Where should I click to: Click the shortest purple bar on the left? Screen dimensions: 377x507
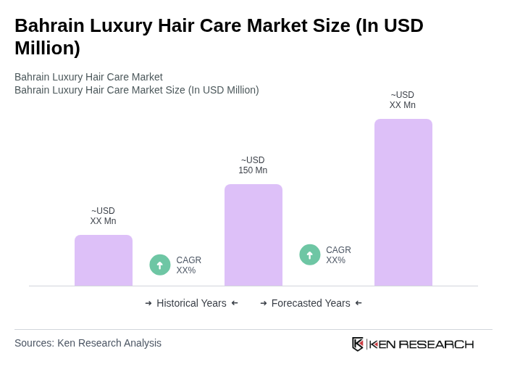pos(104,260)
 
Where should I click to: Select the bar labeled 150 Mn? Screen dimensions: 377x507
pos(253,235)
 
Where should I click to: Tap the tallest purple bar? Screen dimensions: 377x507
pos(403,202)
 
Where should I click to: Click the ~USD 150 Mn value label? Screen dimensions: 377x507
pos(253,165)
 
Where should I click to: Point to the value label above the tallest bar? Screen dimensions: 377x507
pos(403,100)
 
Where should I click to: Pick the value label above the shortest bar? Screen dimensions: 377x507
pos(103,216)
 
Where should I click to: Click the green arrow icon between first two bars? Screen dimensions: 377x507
pos(160,265)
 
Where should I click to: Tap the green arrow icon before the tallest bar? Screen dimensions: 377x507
pos(310,255)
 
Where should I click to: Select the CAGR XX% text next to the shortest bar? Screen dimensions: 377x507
pos(188,265)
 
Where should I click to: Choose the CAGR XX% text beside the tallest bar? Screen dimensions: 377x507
pos(338,255)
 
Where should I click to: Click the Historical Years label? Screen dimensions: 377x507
pos(191,303)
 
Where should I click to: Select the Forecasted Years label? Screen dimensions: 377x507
pos(311,303)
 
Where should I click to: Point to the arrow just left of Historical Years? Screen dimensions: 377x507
pos(148,303)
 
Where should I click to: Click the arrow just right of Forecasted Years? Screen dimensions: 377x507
pos(359,303)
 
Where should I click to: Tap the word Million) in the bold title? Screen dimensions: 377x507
pos(47,49)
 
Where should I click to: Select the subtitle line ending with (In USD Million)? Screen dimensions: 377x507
pos(137,90)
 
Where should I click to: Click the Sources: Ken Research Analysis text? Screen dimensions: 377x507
pos(88,343)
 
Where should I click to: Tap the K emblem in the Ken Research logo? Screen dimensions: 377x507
pos(358,344)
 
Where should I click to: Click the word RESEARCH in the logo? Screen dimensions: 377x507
pos(436,344)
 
